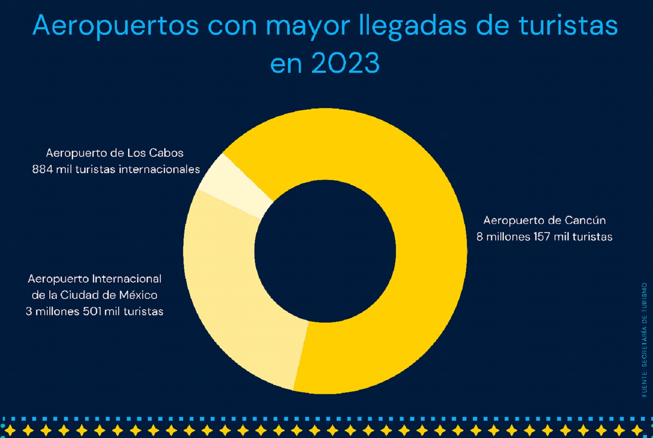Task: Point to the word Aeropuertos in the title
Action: pos(116,26)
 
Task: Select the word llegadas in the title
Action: pos(413,26)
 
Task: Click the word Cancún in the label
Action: pos(585,221)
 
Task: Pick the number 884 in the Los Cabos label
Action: pos(43,169)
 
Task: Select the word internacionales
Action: pos(159,169)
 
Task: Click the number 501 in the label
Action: pos(92,311)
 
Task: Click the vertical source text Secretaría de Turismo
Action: pos(644,340)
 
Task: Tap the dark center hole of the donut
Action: pos(325,251)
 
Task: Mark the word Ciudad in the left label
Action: pos(79,295)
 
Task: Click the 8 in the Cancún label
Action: pos(480,237)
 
